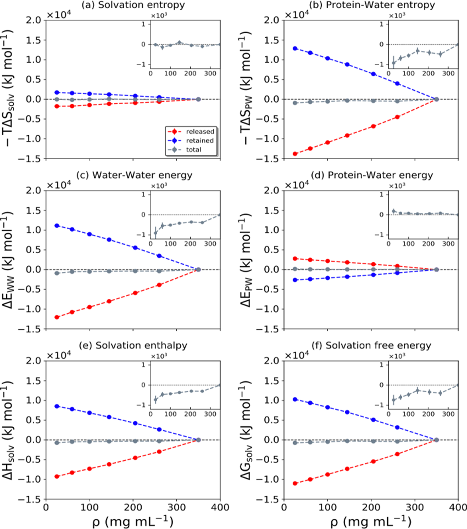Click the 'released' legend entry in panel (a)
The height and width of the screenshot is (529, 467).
[x=200, y=132]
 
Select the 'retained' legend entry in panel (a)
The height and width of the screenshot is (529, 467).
[x=200, y=141]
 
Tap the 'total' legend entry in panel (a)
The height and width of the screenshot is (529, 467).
[x=194, y=150]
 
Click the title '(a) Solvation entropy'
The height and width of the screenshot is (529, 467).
[x=133, y=5]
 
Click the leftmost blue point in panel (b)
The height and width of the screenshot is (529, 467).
[x=295, y=49]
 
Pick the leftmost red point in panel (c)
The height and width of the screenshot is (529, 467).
[x=57, y=317]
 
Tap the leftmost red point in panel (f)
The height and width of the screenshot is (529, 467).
[x=295, y=483]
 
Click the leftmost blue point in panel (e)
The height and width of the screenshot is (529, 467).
[x=57, y=406]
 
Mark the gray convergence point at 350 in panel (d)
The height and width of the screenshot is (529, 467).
[x=436, y=269]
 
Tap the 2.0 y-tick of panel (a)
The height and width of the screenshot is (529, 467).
[x=33, y=20]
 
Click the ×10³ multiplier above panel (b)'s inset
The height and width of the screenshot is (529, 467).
[x=397, y=16]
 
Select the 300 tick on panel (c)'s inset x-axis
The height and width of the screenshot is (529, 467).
[x=210, y=244]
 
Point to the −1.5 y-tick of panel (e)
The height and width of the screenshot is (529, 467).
[x=30, y=499]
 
